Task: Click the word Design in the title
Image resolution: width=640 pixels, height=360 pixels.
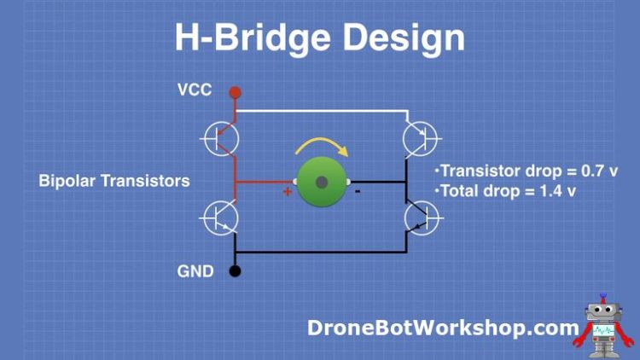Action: pyautogui.click(x=399, y=38)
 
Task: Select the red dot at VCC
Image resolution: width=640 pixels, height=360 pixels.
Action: pyautogui.click(x=236, y=90)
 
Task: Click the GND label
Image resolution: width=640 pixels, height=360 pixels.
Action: pyautogui.click(x=195, y=272)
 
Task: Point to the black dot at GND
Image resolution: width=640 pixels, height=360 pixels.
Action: pyautogui.click(x=236, y=272)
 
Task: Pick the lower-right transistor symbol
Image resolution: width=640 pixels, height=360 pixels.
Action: pyautogui.click(x=422, y=218)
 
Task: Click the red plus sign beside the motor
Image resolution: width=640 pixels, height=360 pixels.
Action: pyautogui.click(x=288, y=192)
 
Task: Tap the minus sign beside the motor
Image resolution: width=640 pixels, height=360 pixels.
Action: pyautogui.click(x=358, y=192)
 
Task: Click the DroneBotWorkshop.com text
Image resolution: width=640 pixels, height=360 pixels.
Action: pyautogui.click(x=443, y=327)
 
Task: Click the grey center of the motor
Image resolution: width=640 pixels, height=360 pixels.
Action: pyautogui.click(x=322, y=182)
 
